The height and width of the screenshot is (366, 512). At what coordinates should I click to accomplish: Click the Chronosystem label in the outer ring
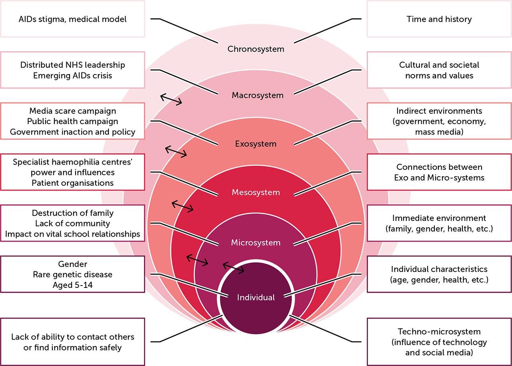coord(256,49)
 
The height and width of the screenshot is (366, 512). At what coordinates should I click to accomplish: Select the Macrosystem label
coord(257,95)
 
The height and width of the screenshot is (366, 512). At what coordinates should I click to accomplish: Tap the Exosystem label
coord(256,144)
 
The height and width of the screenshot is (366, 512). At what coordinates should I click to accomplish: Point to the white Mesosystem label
coord(256,193)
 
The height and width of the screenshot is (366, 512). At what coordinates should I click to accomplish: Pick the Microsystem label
coord(256,243)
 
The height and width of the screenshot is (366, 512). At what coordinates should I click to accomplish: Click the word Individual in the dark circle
coord(256,298)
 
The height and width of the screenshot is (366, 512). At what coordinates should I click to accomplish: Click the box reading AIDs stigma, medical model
coord(72,19)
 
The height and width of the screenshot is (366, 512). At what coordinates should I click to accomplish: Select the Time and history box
coord(439,19)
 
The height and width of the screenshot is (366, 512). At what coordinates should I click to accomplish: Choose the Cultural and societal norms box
coord(439,70)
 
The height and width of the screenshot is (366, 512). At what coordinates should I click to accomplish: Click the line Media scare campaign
coord(72,111)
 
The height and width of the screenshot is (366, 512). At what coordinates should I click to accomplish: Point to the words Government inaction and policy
coord(72,131)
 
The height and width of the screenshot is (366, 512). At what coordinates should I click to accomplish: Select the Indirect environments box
coord(439,121)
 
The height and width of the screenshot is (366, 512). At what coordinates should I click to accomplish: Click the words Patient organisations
coord(72,183)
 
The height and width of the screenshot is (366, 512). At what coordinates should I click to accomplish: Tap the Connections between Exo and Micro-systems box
coord(439,172)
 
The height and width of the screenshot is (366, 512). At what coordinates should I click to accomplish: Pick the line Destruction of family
coord(72,213)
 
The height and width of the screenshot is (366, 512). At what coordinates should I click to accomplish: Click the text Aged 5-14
coord(72,285)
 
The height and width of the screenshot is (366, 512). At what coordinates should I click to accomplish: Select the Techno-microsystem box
coord(439,342)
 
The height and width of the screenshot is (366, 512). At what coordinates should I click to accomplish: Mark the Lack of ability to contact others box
coord(72,342)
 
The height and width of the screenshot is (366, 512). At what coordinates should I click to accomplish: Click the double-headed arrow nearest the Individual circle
coord(233,267)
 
